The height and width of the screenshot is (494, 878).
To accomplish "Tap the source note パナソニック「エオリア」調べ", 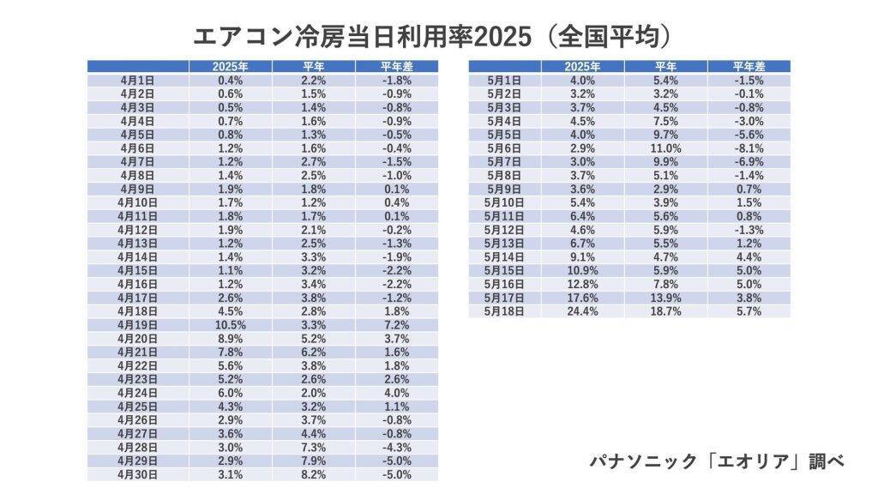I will click(x=717, y=461).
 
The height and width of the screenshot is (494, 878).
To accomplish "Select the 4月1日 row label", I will click(x=138, y=80).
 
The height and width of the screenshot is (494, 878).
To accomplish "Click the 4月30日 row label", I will click(x=138, y=474).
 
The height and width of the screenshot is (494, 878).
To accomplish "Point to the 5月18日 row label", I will click(x=504, y=311).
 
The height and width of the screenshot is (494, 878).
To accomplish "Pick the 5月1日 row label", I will click(x=504, y=80).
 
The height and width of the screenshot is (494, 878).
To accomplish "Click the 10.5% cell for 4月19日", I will click(x=231, y=325).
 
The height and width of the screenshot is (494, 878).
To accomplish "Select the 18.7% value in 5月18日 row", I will click(x=665, y=311).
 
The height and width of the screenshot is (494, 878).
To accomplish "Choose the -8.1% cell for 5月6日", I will click(x=749, y=148).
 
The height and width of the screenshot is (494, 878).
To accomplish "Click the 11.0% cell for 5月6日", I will click(x=665, y=148).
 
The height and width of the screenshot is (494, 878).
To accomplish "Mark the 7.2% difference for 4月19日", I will click(x=396, y=325).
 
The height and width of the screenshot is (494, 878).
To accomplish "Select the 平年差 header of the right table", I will click(x=749, y=66).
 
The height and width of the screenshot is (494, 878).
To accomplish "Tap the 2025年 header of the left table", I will click(x=231, y=66).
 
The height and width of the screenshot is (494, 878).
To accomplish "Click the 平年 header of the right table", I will click(x=665, y=66).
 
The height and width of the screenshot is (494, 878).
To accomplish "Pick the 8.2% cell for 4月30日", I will click(x=314, y=474).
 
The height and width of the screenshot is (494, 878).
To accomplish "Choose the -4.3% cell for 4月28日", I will click(x=396, y=447).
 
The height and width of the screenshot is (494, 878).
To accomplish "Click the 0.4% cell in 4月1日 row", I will click(x=231, y=80).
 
